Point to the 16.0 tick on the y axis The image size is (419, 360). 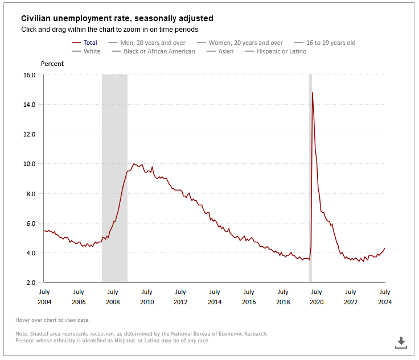[29, 75]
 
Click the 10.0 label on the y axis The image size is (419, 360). [29, 164]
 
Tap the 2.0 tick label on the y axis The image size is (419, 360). [31, 283]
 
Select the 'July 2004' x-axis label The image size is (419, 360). [44, 297]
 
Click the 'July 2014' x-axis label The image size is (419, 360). [215, 297]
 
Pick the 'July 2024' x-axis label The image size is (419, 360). [385, 297]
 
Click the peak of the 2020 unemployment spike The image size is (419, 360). [313, 93]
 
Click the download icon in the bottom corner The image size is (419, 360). [401, 342]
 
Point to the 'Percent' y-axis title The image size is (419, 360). [52, 64]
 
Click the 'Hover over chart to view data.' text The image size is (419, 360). [52, 320]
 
